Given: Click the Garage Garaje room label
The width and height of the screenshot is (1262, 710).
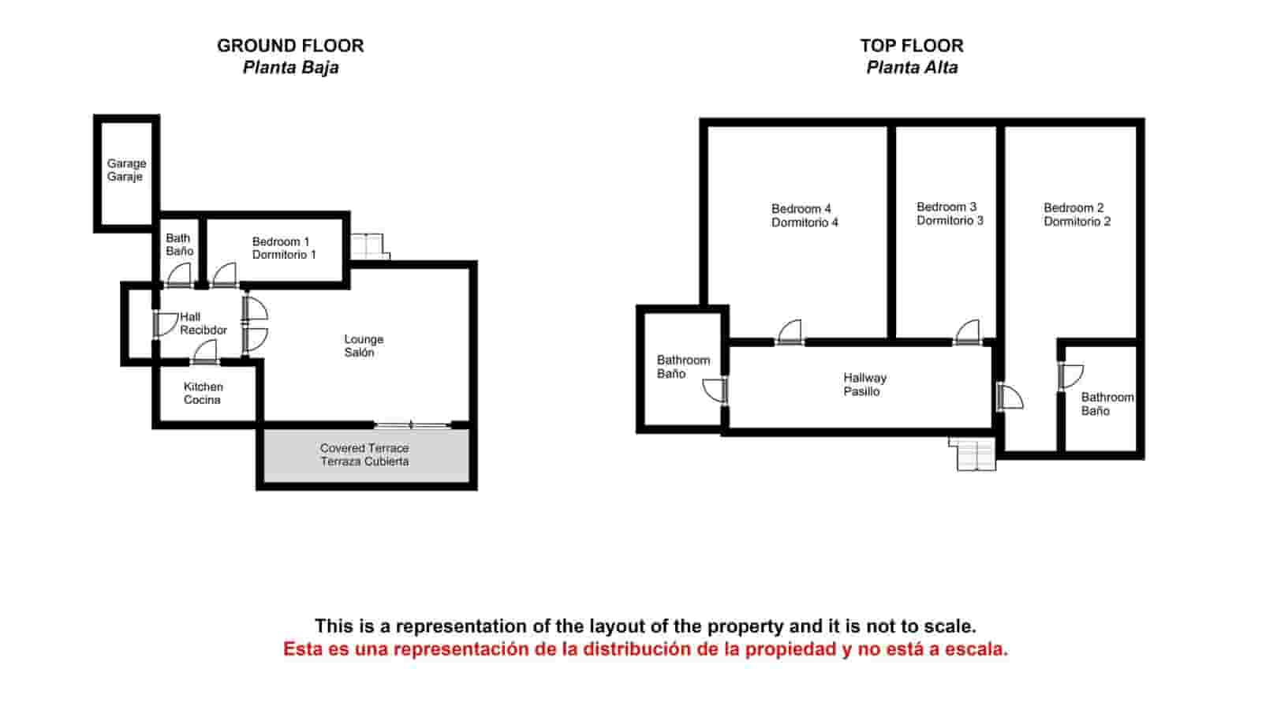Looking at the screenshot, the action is (x=127, y=170).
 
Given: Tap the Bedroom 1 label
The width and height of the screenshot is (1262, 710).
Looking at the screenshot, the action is (x=281, y=241).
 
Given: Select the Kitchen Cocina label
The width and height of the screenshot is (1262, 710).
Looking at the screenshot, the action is (x=203, y=394).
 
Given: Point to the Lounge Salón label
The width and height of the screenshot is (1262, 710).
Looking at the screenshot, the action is (x=364, y=346).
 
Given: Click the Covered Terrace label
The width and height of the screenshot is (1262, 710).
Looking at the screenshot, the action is (x=364, y=449).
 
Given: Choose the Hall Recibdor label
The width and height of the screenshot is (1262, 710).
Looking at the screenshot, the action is (x=203, y=323).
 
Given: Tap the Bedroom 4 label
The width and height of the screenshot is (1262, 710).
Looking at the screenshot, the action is (x=801, y=209).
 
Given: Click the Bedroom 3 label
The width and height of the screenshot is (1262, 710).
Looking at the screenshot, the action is (x=946, y=207).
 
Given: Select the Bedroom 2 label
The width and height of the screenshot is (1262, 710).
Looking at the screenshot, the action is (x=1073, y=208).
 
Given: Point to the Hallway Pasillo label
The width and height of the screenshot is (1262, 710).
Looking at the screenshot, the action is (x=864, y=384).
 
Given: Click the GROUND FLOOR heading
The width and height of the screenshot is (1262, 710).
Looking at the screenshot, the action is (x=291, y=46).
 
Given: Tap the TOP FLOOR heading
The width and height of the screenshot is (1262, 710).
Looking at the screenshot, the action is (x=912, y=46).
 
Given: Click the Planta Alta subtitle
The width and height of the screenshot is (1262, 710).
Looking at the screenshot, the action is (x=912, y=68).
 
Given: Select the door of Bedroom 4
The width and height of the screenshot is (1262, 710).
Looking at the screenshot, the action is (x=790, y=332).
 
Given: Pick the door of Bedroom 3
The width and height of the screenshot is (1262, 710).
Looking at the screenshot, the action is (x=967, y=332).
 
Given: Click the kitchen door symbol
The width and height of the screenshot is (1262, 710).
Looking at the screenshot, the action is (x=205, y=352).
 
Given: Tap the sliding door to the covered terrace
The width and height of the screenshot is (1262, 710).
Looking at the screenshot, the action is (x=413, y=424).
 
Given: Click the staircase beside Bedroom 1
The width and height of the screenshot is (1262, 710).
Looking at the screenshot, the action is (x=370, y=246).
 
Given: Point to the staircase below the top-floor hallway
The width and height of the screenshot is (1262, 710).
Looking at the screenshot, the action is (x=973, y=454).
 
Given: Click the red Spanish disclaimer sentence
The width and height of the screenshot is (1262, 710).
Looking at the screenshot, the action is (x=646, y=649).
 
